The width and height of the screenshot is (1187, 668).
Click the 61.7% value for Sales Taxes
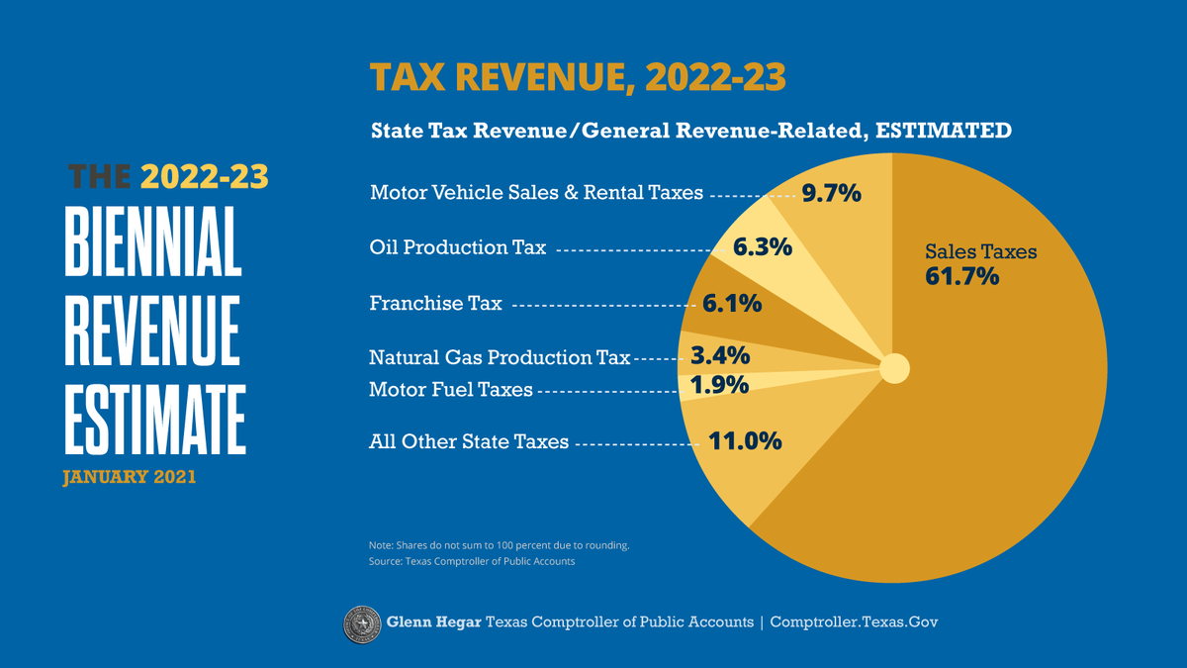[x=961, y=276]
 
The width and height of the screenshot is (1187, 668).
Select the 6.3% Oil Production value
[x=762, y=247]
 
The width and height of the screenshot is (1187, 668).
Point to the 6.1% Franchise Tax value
[x=732, y=304]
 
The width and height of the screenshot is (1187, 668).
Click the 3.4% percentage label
[x=719, y=355]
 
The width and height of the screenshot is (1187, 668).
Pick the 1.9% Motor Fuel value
[x=719, y=386]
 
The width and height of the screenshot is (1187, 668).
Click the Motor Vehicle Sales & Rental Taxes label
[x=536, y=192]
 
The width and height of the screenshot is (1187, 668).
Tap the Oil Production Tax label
[x=457, y=247]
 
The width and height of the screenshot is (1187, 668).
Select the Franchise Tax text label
[x=435, y=303]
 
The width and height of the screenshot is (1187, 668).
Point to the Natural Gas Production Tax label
[x=499, y=357]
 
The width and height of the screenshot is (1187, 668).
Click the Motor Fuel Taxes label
[x=450, y=390]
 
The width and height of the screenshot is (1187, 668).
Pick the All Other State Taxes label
[x=469, y=441]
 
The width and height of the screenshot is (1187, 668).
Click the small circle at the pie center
[x=894, y=369]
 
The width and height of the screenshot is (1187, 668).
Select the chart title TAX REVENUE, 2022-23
[x=578, y=78]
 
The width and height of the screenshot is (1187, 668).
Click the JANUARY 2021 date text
[x=129, y=477]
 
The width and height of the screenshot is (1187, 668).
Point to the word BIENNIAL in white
[x=153, y=241]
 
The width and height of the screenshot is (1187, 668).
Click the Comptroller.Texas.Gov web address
[x=853, y=622]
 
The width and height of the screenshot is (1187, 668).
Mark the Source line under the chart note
[x=471, y=561]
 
